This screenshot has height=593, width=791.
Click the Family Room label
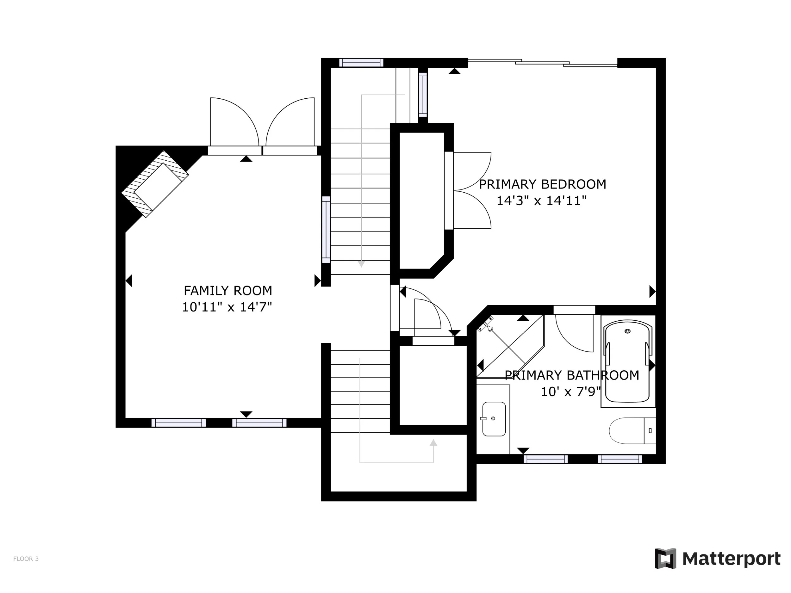228,291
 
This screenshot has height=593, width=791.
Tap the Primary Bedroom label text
543,184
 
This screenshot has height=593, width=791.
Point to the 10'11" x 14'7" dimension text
227,307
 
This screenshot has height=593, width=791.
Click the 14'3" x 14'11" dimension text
541,201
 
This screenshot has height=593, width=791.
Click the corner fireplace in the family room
155,184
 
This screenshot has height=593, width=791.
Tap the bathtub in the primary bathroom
627,361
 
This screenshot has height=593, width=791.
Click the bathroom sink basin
494,419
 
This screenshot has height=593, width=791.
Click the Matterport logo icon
665,558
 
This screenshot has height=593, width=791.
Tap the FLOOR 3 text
26,559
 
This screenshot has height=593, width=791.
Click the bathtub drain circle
627,331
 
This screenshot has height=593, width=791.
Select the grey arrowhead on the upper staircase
361,264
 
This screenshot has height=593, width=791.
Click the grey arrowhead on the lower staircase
433,442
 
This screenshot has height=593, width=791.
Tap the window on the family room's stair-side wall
326,230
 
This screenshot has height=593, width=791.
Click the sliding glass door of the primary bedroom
543,63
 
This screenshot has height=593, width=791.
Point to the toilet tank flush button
650,431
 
